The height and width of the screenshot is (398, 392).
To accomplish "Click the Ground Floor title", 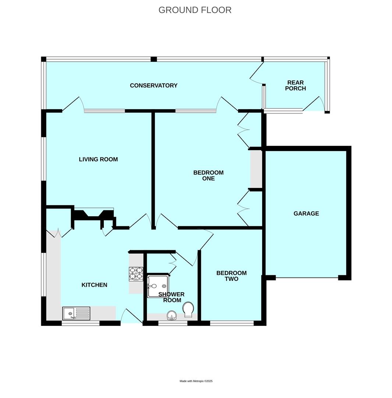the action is (x=195, y=10).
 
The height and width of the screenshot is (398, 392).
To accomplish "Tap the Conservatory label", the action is (x=153, y=85).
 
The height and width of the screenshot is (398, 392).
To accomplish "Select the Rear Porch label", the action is (x=296, y=85).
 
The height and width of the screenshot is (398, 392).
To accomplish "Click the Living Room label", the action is (x=98, y=160).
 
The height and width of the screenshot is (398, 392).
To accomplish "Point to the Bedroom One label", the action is (x=208, y=175).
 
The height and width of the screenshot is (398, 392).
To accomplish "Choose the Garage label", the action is (x=306, y=213).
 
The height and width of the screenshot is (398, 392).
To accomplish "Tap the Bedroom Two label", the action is (x=232, y=276).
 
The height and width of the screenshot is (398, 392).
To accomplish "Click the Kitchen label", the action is (x=94, y=285).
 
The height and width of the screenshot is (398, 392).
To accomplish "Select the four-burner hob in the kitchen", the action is (x=136, y=274).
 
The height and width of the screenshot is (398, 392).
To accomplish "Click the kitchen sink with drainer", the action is (x=76, y=314).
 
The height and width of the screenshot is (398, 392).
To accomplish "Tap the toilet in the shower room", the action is (x=188, y=310).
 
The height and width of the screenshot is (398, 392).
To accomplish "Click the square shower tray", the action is (x=158, y=286).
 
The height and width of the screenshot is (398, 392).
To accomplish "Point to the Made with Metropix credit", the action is (x=196, y=381).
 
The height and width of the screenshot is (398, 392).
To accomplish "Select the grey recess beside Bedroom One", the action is (x=256, y=169).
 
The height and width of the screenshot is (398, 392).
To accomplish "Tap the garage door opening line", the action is (x=307, y=277).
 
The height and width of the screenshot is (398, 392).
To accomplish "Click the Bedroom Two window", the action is (x=232, y=323).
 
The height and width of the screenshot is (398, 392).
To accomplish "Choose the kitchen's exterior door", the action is (x=132, y=316).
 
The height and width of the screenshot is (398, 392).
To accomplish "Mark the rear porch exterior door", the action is (x=314, y=104).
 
